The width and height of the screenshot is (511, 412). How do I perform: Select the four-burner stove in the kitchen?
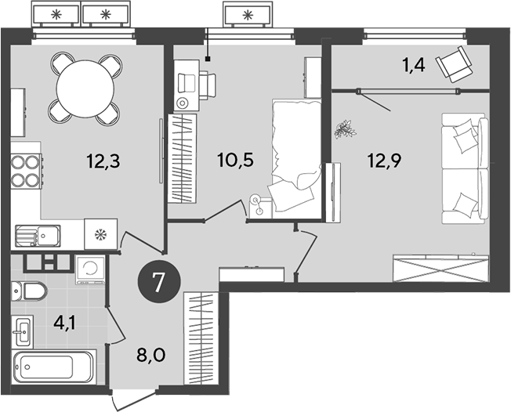click(27, 171)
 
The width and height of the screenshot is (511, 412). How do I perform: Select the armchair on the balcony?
click(454, 63)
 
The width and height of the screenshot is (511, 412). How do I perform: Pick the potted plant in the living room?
click(343, 128)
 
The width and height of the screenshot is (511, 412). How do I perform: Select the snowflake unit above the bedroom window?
click(248, 14)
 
